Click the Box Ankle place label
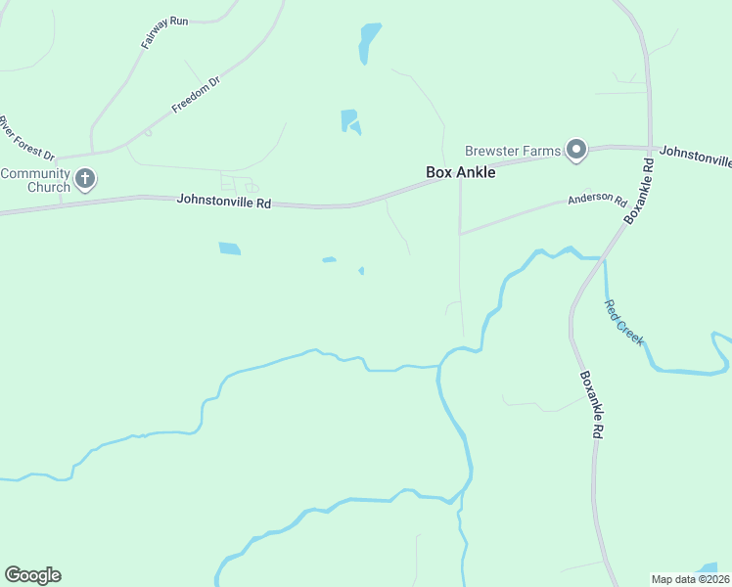(x=461, y=172)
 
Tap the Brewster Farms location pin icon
(x=576, y=150)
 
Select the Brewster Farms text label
(x=513, y=151)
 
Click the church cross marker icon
(x=86, y=179)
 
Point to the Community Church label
(x=35, y=181)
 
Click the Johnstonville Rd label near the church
(x=223, y=201)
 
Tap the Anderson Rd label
(x=597, y=201)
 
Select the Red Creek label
(x=623, y=322)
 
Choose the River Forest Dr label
(x=26, y=137)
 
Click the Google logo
(x=32, y=575)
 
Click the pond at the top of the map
(x=368, y=41)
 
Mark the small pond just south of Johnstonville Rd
(x=229, y=248)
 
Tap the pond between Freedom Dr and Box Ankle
(x=348, y=121)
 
